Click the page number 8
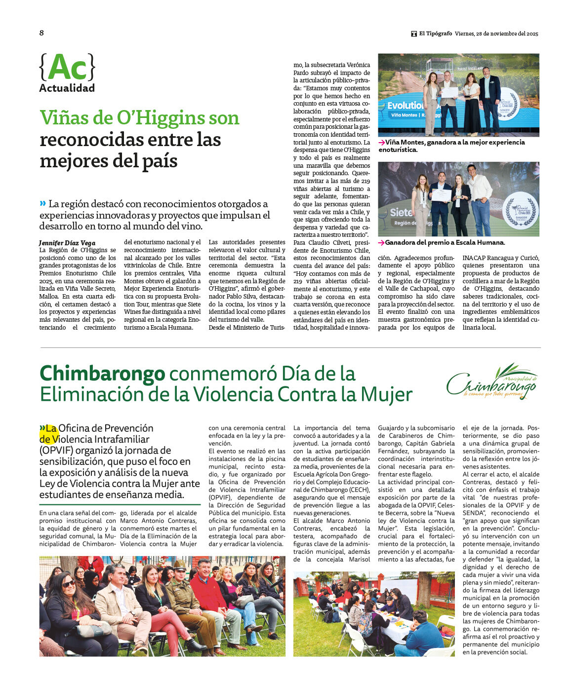coord(41,33)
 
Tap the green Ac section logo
coord(67,67)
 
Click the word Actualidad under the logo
coord(67,88)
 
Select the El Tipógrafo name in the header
coord(435,34)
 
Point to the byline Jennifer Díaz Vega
coord(67,243)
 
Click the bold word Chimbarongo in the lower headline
coord(102,373)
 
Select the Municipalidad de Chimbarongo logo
coord(491,381)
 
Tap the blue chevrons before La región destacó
coord(43,203)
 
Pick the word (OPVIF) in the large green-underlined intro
coord(56,450)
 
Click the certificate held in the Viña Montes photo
coord(449,92)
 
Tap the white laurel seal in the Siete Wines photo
coord(520,210)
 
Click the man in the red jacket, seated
coord(207,592)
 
